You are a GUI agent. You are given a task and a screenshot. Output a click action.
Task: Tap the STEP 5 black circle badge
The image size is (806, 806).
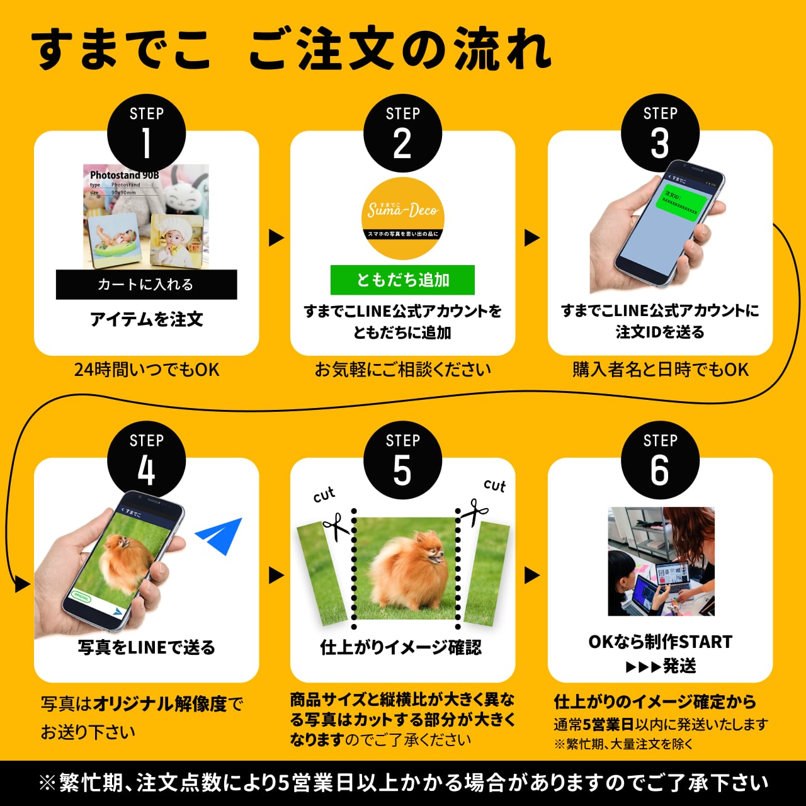click(402, 460)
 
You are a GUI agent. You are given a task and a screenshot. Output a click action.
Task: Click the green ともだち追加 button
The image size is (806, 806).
click(402, 280)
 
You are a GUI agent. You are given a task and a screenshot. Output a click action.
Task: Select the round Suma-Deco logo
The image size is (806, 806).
click(402, 218)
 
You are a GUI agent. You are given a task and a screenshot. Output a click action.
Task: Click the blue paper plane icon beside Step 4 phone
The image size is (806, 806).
click(220, 536)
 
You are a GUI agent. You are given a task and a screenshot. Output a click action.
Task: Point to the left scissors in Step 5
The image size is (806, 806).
click(336, 526)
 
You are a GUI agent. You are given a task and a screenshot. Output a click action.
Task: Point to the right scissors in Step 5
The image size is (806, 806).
click(474, 511)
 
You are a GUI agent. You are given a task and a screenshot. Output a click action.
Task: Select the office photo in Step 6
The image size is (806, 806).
click(661, 561)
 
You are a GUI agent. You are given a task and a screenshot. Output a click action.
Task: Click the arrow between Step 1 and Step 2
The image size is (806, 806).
click(276, 238)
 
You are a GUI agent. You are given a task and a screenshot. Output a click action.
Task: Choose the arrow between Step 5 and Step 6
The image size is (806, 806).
click(531, 575)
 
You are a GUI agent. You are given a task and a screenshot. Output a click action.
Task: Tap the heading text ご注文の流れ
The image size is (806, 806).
click(400, 48)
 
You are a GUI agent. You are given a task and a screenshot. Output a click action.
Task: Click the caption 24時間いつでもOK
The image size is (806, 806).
click(147, 369)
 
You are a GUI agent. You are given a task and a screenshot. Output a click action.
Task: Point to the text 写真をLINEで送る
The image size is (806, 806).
click(147, 647)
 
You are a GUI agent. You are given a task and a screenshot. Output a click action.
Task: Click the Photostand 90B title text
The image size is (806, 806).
click(124, 175)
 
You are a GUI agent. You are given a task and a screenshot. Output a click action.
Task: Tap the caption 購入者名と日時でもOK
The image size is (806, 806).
click(661, 369)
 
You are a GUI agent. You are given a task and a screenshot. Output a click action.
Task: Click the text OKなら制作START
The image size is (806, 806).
click(661, 642)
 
